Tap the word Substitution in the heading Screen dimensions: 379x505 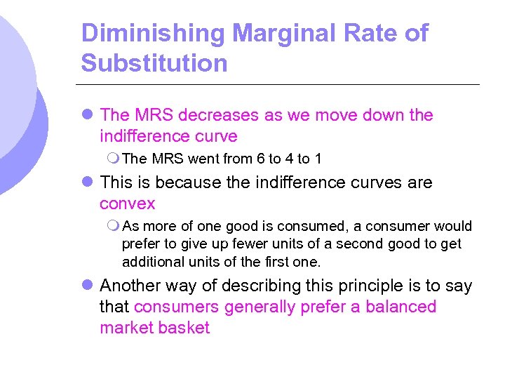tap(154, 63)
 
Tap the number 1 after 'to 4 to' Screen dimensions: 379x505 tap(318, 159)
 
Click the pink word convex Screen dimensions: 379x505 tap(127, 204)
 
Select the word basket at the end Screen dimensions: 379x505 tap(187, 328)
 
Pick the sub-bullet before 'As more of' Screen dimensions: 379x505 tap(114, 227)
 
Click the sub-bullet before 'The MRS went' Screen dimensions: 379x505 tap(114, 159)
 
